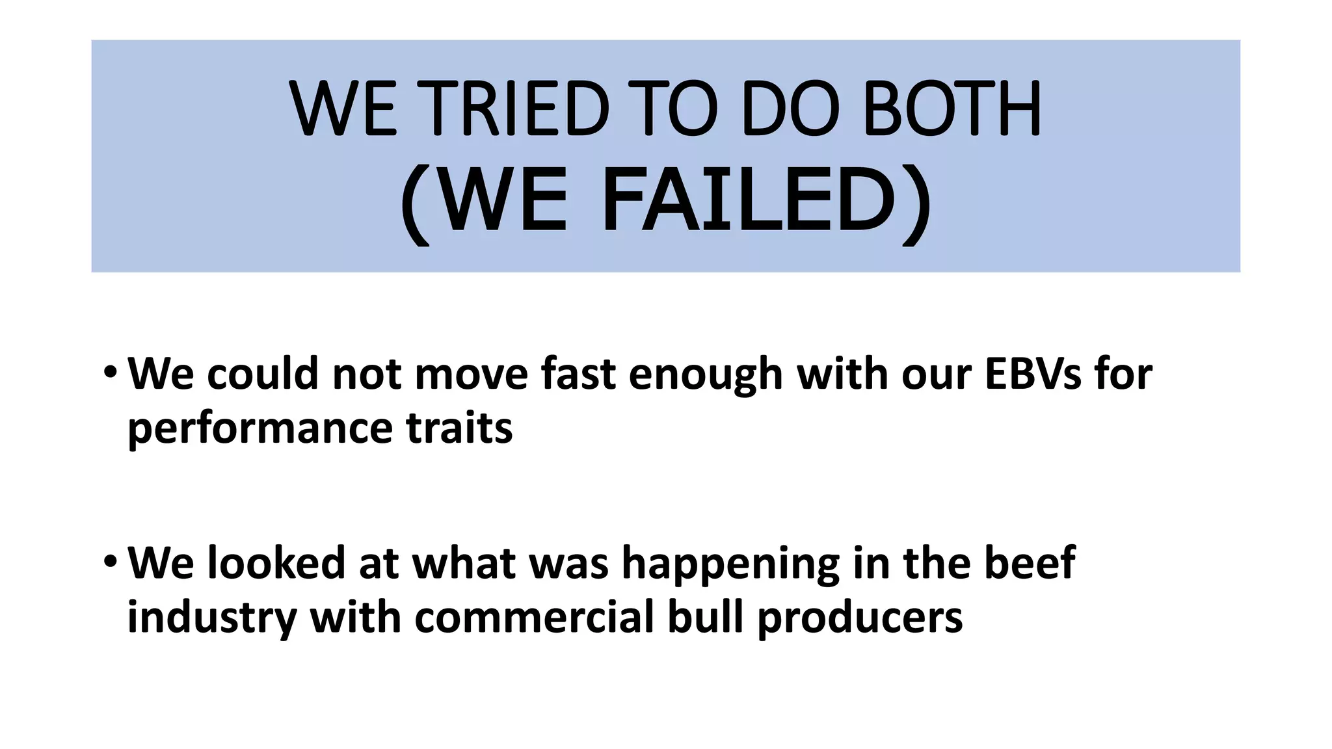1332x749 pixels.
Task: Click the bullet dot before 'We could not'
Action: pos(111,373)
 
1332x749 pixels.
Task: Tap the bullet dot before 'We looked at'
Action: pos(111,561)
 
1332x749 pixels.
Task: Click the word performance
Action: pos(260,429)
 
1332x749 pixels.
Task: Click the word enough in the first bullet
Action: pos(706,376)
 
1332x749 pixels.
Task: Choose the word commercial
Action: pos(534,617)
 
